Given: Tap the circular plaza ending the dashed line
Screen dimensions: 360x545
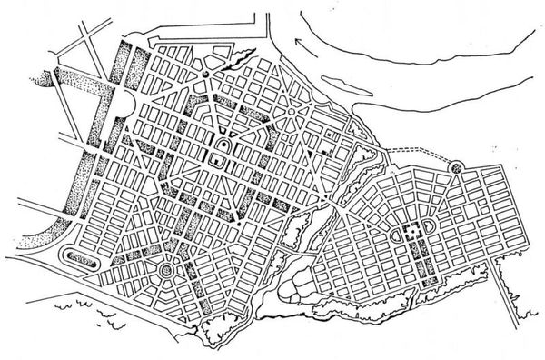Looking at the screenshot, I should coord(457,166).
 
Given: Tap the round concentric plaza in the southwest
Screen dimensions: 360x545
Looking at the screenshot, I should coord(166,271).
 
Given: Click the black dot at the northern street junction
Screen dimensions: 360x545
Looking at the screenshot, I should coord(206,75).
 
